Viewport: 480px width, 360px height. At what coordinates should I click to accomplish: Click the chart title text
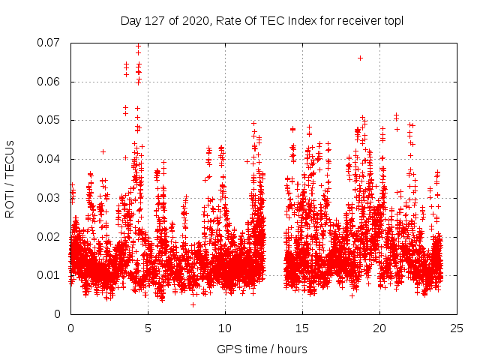[x=262, y=21]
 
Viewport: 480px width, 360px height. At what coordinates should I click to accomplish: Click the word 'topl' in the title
[x=392, y=21]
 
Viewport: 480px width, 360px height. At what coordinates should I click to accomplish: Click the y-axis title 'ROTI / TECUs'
[x=10, y=178]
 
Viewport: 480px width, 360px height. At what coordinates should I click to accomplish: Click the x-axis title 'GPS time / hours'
[x=262, y=349]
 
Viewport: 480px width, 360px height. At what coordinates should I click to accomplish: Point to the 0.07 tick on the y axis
[x=52, y=43]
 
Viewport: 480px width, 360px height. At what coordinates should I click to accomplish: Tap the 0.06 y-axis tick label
[x=52, y=82]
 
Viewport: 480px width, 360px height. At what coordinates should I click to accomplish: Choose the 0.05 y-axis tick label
[x=52, y=120]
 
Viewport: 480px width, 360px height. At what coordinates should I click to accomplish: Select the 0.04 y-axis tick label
[x=52, y=159]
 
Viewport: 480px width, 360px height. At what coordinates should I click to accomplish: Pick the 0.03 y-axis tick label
[x=52, y=198]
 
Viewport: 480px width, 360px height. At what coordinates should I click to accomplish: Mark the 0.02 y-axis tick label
[x=52, y=236]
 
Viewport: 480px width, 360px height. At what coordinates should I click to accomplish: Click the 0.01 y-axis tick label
[x=52, y=275]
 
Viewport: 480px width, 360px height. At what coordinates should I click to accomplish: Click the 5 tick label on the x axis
[x=148, y=328]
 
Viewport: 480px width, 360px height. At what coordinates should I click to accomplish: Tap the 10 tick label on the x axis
[x=225, y=328]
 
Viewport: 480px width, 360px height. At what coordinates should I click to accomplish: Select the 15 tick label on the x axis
[x=302, y=328]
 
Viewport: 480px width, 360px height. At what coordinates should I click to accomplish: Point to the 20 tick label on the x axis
[x=379, y=328]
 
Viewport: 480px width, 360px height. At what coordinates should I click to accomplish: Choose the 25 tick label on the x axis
[x=457, y=328]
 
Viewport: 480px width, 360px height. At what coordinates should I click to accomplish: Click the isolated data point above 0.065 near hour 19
[x=360, y=58]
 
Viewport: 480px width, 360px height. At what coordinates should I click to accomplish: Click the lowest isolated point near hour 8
[x=193, y=304]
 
